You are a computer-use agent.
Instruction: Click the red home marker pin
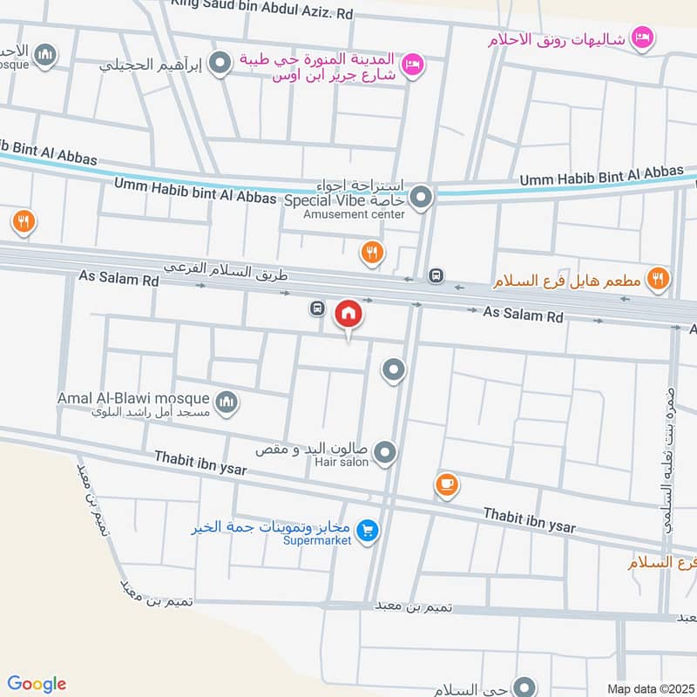coord(348,313)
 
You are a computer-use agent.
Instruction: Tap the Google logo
coord(37,684)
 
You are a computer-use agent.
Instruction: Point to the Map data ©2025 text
coord(650,688)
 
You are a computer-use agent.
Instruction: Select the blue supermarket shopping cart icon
coord(368,530)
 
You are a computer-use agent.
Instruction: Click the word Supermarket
coord(317,541)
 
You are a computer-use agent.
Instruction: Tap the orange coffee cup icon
coord(447,484)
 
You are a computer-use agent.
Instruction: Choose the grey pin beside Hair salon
coord(385,452)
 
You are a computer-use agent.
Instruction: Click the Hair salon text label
coord(342,462)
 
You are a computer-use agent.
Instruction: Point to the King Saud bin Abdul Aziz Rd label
coord(261,12)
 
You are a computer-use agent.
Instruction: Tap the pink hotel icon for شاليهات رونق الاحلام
coord(643,37)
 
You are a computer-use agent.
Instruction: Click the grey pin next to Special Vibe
coord(422,198)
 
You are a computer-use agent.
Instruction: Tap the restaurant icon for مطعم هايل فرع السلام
coord(659,279)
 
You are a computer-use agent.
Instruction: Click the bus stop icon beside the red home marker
coord(316,308)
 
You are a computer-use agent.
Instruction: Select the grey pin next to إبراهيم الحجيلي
coord(221,63)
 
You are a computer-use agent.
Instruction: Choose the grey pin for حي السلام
coord(524,687)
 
